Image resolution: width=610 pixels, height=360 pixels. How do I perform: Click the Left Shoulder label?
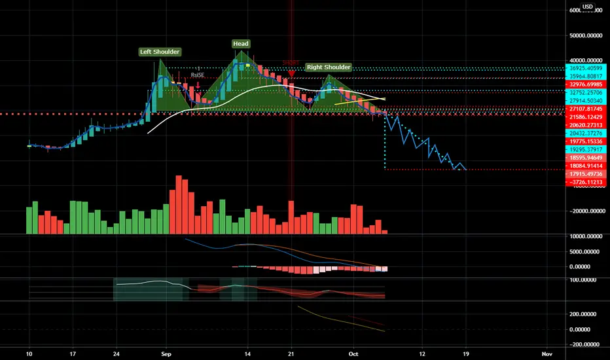[x=160, y=52]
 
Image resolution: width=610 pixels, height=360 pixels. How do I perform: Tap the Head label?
[x=240, y=44]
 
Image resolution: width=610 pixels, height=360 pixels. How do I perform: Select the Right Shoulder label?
[x=328, y=67]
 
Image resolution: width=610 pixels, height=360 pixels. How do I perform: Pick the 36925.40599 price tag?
[x=586, y=67]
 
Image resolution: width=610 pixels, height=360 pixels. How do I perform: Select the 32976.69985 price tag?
[x=586, y=84]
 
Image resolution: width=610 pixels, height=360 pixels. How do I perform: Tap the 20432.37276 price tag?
[x=586, y=133]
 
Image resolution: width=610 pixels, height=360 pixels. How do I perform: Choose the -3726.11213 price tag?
[x=586, y=182]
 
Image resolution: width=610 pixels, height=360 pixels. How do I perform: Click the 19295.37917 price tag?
[x=586, y=149]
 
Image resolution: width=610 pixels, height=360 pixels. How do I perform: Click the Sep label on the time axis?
[x=166, y=351]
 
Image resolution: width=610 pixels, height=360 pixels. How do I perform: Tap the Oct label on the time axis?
[x=354, y=351]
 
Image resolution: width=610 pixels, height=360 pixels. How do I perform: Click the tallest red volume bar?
[x=178, y=204]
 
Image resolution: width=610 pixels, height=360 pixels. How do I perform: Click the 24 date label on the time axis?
[x=116, y=351]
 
